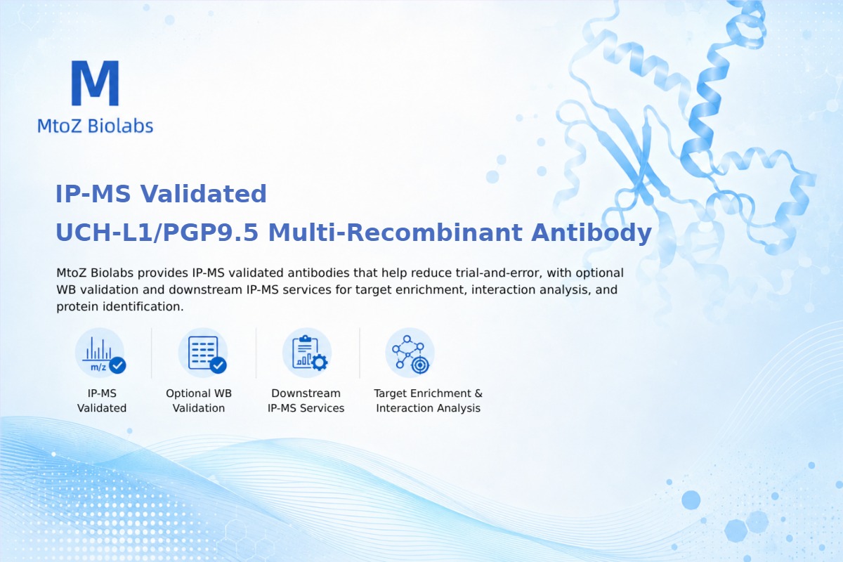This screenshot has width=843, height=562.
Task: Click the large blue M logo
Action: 96,83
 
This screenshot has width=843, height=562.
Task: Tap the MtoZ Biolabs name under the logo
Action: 96,126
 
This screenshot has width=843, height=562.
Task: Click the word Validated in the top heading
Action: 204,194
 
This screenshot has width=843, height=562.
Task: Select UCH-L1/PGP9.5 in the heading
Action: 157,233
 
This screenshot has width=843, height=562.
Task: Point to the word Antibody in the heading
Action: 592,233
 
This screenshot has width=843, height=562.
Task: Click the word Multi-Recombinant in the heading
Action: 396,233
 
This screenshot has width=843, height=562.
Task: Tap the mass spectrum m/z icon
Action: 100,353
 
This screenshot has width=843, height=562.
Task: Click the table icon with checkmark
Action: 203,353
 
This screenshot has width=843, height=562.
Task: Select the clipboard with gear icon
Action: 307,353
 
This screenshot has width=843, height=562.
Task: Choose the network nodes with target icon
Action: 410,353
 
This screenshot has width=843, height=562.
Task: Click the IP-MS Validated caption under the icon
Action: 102,400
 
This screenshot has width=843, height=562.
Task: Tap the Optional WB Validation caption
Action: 199,400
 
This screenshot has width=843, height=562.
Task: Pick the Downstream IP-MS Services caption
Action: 306,400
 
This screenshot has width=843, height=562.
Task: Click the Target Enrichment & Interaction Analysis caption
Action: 429,400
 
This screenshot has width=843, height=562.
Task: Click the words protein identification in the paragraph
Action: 120,307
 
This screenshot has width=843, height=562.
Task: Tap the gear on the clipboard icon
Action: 320,362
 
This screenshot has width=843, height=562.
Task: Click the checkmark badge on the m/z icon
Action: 117,365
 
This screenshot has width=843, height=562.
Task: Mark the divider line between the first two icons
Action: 152,353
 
